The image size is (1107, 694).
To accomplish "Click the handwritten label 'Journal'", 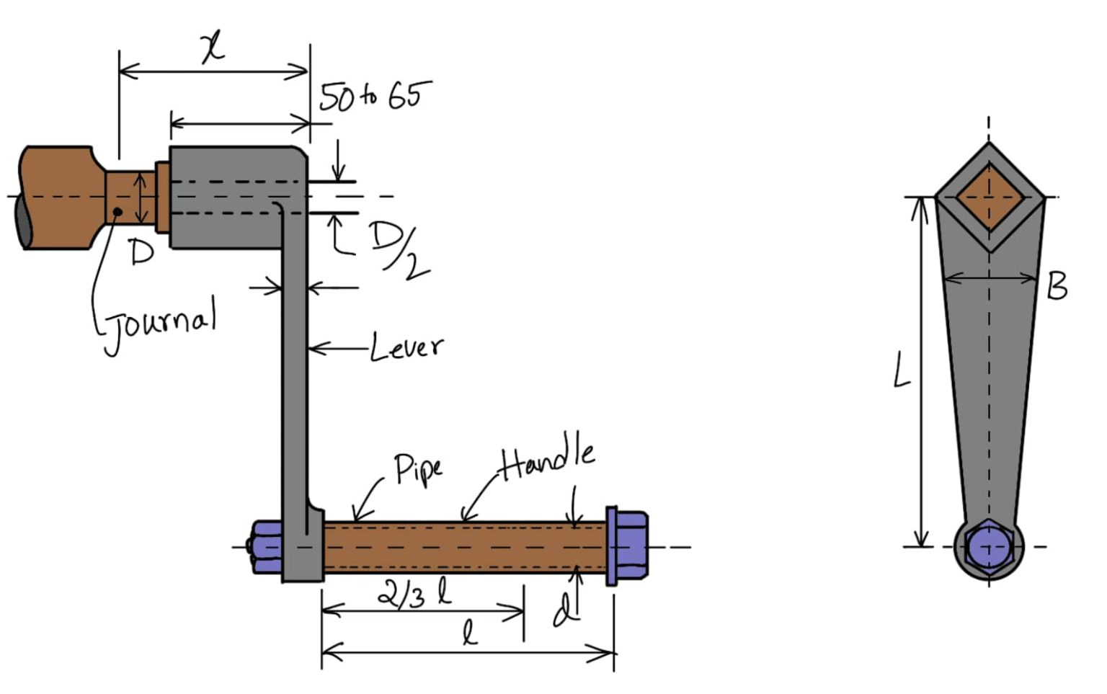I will tap(160, 324).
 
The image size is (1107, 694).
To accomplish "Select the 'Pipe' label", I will tap(418, 468).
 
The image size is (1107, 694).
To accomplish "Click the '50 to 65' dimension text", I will tap(375, 95).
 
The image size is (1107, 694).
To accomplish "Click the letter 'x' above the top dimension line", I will tap(213, 48).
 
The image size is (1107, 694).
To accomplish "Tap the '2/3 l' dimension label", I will tap(414, 595).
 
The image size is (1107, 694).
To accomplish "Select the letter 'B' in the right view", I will tap(1057, 286).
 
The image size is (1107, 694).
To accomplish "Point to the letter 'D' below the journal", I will tap(141, 252).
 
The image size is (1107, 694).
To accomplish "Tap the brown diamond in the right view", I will tap(989, 197).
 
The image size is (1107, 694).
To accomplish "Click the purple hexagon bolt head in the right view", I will tap(988, 547).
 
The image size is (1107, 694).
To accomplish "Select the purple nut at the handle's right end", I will tap(628, 546).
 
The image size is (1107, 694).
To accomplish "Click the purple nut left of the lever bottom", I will tap(266, 547).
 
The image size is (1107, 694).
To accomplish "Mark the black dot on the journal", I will tap(116, 211).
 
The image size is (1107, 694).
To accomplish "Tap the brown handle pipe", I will tap(461, 548).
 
